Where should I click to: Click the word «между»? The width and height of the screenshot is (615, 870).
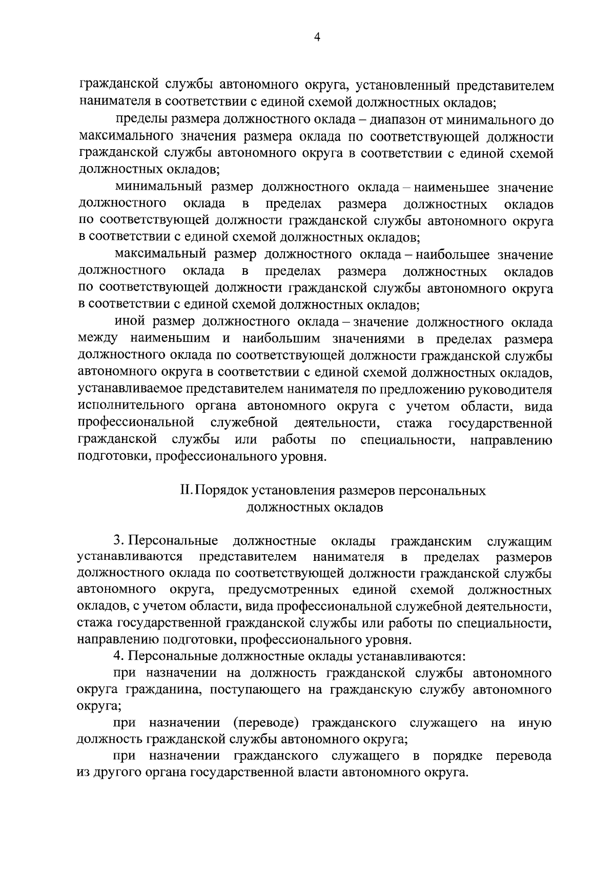point(98,339)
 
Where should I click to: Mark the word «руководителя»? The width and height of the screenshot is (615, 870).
point(508,390)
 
